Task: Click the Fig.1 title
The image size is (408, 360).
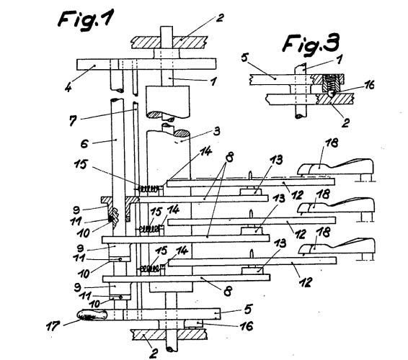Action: coord(86,19)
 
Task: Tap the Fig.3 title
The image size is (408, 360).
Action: coord(311,44)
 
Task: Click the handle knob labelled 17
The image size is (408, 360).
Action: coord(92,315)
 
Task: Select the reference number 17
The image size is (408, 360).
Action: coord(53,326)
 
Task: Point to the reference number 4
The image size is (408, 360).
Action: coord(68,88)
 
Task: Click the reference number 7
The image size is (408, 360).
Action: coord(73,121)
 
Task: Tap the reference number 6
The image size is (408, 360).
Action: coord(84,143)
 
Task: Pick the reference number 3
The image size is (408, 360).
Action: coord(216,131)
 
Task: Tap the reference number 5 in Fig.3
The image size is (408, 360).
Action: coord(244,58)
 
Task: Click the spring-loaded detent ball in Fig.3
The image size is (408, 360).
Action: coord(331,94)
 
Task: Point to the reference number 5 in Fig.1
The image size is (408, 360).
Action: coord(248,309)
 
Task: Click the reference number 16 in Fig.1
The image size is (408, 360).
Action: coord(246,326)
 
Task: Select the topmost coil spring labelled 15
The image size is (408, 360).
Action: coord(148,189)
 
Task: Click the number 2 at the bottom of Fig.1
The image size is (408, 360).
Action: coord(154,354)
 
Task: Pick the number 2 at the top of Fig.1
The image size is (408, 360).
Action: coord(220,18)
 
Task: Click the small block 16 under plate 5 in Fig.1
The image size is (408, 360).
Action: coord(193,324)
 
